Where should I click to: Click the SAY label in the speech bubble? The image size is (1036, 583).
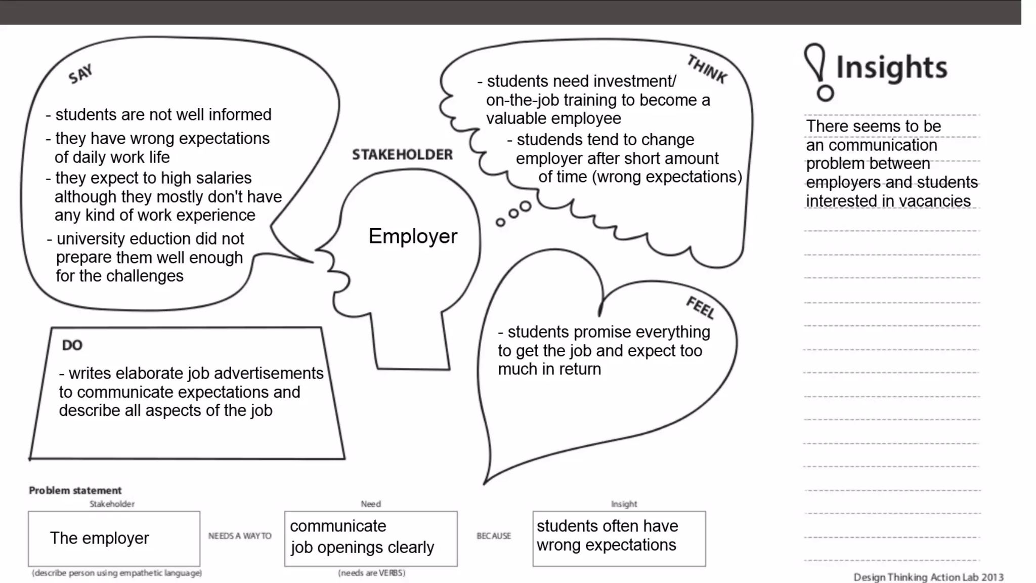(x=80, y=74)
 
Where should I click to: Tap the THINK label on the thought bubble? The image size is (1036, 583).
(x=707, y=69)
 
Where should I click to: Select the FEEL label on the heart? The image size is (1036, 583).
(x=701, y=308)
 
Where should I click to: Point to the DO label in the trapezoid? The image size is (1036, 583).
(x=72, y=345)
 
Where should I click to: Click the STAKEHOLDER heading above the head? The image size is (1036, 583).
(x=402, y=155)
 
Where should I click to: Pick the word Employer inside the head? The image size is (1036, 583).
(x=413, y=236)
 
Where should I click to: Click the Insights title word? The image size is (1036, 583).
(x=891, y=68)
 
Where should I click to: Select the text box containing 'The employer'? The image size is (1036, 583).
(x=114, y=538)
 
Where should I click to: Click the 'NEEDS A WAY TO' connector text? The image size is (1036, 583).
(x=240, y=536)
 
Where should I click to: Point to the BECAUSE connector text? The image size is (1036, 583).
(x=494, y=536)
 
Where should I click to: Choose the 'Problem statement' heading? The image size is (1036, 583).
(x=75, y=490)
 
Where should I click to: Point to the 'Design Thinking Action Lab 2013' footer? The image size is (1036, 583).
(x=928, y=577)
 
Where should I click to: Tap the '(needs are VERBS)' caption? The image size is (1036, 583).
(x=372, y=573)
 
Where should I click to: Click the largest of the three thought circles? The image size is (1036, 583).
(x=525, y=206)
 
